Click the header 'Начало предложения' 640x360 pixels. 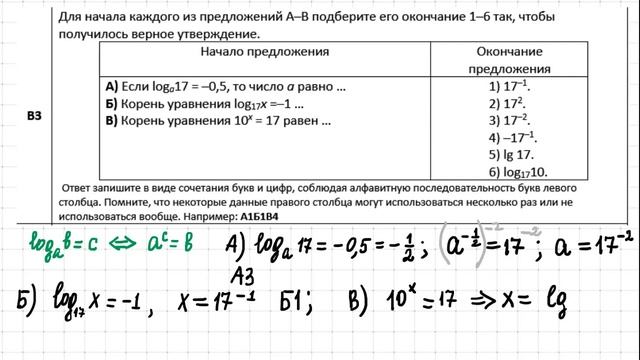coord(264,51)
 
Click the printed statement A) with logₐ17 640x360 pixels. coord(225,87)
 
